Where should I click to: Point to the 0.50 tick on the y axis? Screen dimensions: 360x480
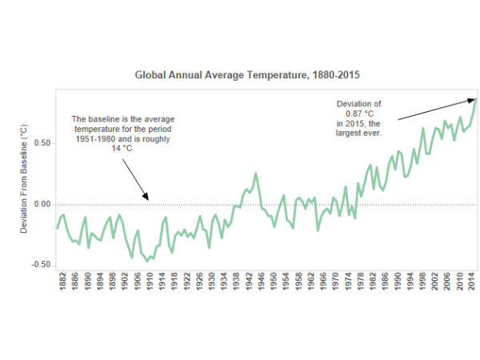(x=42, y=143)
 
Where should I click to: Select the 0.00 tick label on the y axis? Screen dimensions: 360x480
(x=42, y=204)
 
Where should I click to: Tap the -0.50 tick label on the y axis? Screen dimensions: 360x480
(x=41, y=265)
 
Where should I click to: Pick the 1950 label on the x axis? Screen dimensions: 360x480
(x=274, y=286)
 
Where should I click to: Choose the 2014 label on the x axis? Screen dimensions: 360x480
(x=471, y=286)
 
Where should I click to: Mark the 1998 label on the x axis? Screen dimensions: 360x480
(x=422, y=286)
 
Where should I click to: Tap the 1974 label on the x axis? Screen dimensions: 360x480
(x=348, y=286)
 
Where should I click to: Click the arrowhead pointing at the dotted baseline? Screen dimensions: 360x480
(x=146, y=197)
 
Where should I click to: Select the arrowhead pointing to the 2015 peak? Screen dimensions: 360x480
(x=473, y=99)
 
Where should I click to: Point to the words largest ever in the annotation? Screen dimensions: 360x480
(x=360, y=133)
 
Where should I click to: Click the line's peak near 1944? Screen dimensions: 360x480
(x=256, y=174)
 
